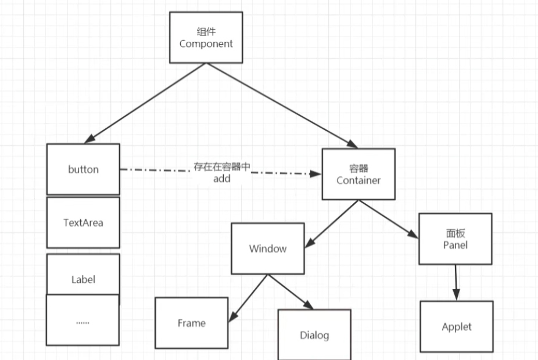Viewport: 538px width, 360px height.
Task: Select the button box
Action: click(x=83, y=170)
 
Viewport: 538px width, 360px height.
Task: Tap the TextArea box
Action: click(x=83, y=222)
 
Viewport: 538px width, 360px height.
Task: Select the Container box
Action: click(x=358, y=174)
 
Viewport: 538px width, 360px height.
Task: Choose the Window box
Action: click(x=267, y=249)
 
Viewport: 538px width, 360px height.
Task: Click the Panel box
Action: click(x=455, y=239)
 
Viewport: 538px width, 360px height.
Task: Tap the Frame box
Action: click(x=191, y=323)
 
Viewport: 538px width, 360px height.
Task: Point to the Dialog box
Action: click(x=314, y=335)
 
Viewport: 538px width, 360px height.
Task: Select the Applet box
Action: click(x=456, y=326)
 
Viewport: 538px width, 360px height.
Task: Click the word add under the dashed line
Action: click(x=221, y=179)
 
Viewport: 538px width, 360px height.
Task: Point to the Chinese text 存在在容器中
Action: click(x=222, y=167)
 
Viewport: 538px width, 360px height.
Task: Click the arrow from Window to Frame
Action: click(x=249, y=297)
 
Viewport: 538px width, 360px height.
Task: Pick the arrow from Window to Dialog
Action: click(x=290, y=291)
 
